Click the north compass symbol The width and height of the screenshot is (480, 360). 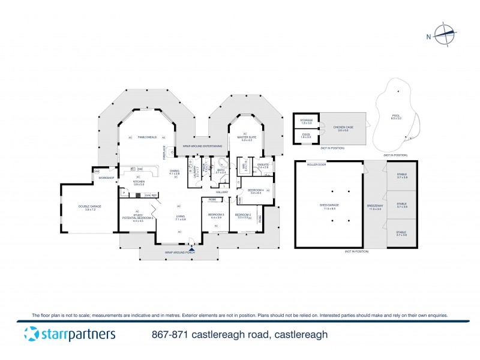coord(444,35)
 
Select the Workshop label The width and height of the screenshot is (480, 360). coord(107,178)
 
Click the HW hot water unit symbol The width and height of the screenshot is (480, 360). coord(97,172)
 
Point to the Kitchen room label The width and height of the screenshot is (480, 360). coord(139,182)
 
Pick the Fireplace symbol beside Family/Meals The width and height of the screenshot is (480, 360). coord(164,154)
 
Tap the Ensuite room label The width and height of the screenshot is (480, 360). coord(263,166)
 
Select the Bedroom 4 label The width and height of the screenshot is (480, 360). coord(256,191)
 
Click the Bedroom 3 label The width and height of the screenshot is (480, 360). coord(216,215)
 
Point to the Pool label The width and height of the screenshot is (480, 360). coord(396,117)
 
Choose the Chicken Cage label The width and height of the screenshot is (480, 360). coord(341,128)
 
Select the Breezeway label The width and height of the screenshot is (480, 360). coord(374,207)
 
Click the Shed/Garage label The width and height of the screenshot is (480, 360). coord(328,207)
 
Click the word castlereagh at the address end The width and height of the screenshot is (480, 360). coord(300,335)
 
